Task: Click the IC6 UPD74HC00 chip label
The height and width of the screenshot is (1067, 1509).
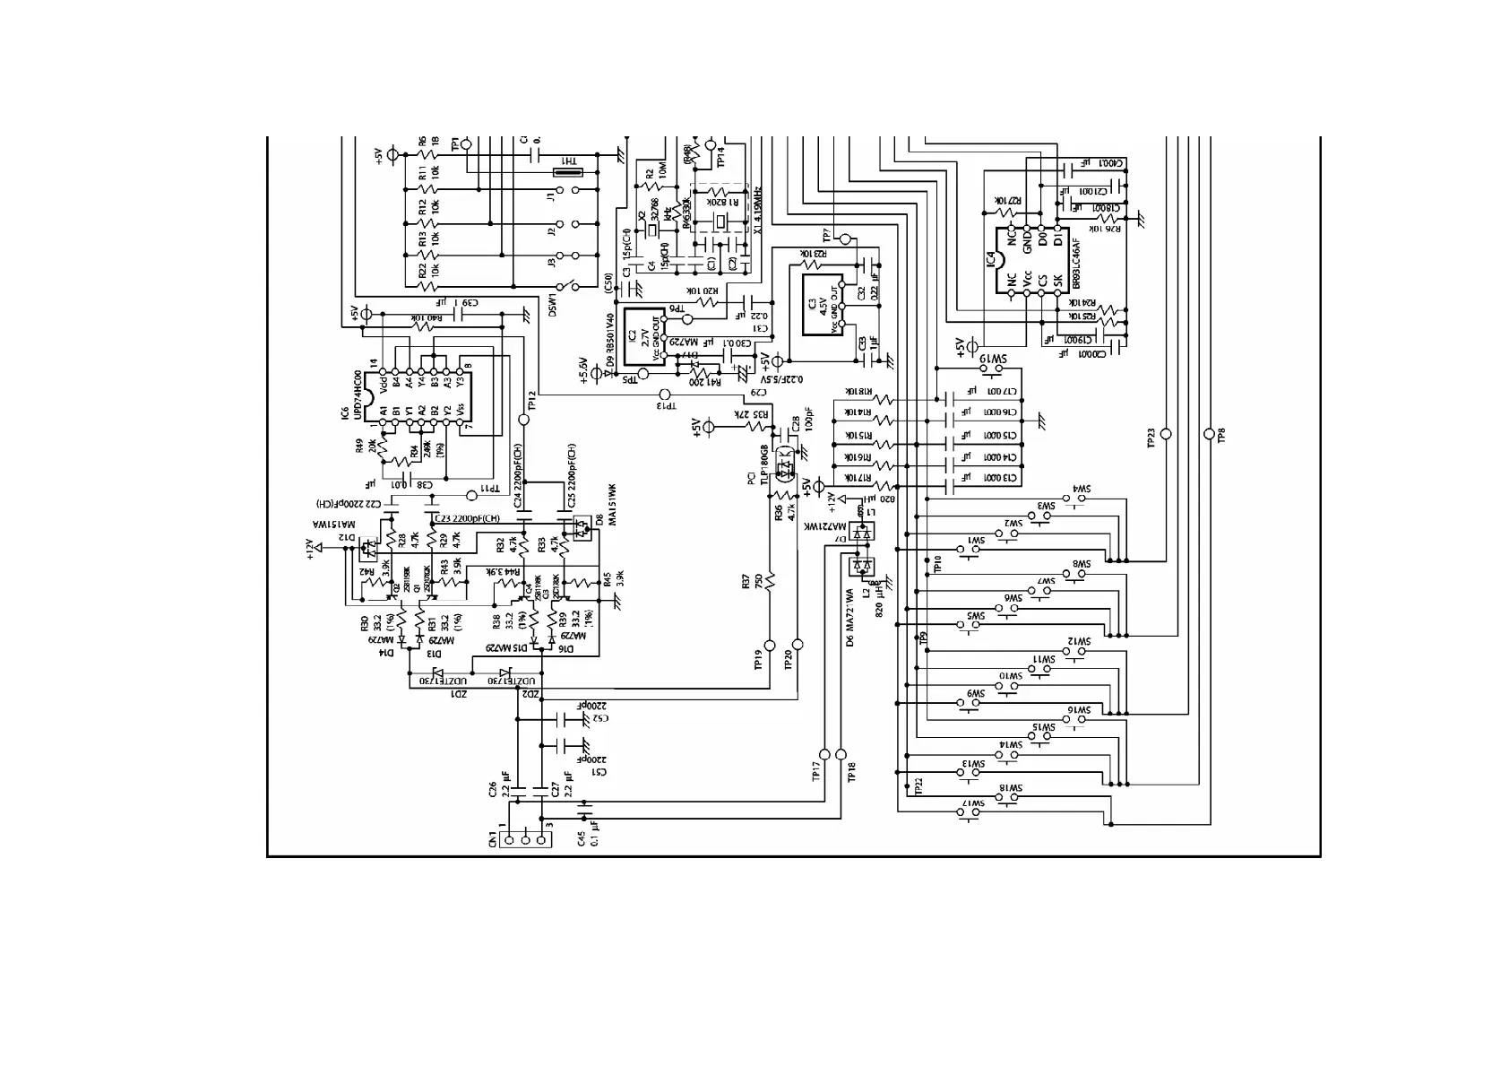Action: pos(350,395)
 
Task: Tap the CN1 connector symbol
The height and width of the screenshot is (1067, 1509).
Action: pos(524,840)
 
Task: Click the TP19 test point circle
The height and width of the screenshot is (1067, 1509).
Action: pos(770,645)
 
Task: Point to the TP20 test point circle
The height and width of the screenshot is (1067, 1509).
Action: pos(798,645)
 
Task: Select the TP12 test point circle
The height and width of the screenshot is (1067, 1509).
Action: pos(524,419)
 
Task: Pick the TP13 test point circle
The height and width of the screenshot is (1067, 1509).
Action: pos(664,395)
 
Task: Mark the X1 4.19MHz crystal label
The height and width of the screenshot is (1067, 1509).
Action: pos(758,211)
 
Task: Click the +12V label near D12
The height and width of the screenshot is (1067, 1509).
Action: pos(310,548)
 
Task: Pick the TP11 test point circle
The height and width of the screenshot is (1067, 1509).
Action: pos(472,495)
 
